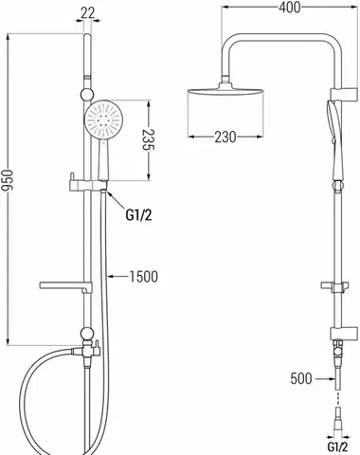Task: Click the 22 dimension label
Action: (x=87, y=13)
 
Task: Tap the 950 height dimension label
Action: (x=8, y=180)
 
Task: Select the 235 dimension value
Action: (x=147, y=139)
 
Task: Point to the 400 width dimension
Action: (x=290, y=8)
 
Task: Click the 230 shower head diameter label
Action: (x=225, y=136)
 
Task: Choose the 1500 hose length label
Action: (x=144, y=277)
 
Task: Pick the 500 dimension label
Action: (x=301, y=378)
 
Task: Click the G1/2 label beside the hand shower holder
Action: (x=138, y=215)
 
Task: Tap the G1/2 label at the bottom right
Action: (x=337, y=447)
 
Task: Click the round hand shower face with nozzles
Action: (x=102, y=119)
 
